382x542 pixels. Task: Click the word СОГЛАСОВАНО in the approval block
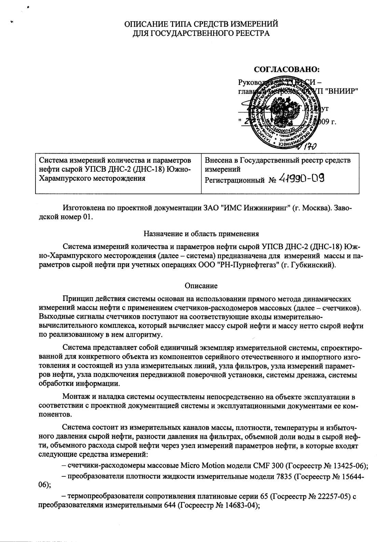pyautogui.click(x=287, y=70)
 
